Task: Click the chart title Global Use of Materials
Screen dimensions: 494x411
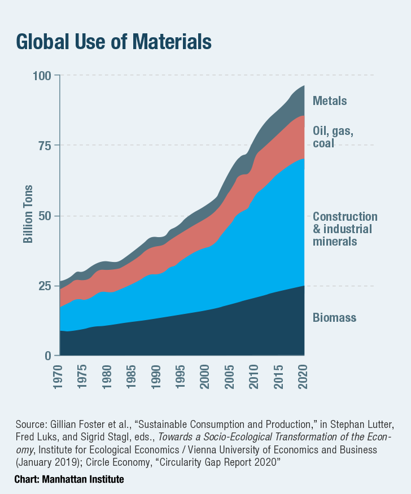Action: [113, 42]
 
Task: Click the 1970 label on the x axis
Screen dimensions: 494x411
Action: [60, 375]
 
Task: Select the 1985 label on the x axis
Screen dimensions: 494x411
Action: [133, 375]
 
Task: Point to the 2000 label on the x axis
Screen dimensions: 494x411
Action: [206, 375]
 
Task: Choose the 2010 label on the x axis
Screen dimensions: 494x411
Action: [255, 375]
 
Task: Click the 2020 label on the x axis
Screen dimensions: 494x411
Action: [303, 375]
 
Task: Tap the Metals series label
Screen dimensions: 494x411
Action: [330, 101]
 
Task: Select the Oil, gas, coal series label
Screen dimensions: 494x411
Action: [333, 137]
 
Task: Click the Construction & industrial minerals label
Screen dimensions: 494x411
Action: [345, 229]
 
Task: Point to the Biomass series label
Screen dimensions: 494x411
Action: [334, 317]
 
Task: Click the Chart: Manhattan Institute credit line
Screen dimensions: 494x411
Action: [69, 479]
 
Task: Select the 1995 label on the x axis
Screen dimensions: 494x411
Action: [182, 375]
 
